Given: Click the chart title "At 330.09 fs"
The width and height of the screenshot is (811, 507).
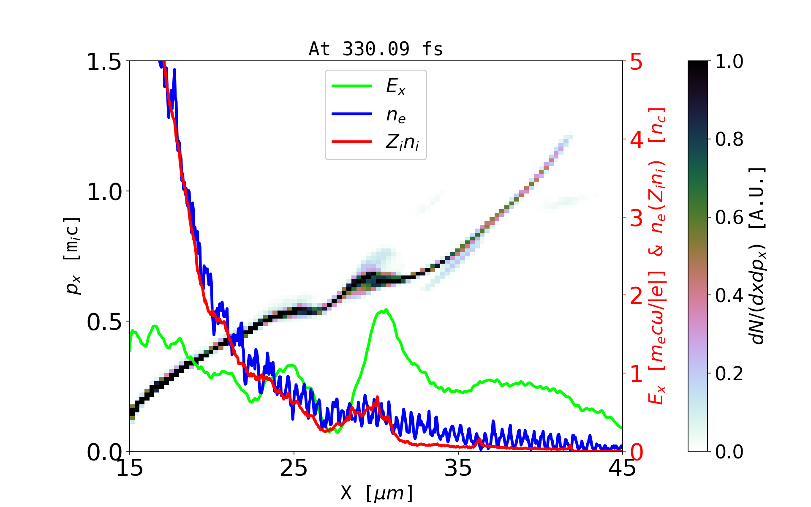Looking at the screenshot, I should [x=376, y=49].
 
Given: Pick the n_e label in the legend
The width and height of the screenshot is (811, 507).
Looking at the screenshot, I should [x=396, y=114].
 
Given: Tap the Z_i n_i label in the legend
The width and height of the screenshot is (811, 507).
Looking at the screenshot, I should [x=402, y=142].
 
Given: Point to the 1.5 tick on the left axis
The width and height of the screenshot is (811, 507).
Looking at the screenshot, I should [x=104, y=62].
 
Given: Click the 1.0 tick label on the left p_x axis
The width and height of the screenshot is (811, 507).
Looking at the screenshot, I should [x=104, y=192].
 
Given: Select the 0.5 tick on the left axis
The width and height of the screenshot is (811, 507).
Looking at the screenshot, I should [x=104, y=322].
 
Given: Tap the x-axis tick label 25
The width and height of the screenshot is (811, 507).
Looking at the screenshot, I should [x=294, y=468].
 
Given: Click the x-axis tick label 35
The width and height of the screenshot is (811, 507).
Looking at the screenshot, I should [x=458, y=468].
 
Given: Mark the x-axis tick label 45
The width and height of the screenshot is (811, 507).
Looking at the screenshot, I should [x=622, y=468].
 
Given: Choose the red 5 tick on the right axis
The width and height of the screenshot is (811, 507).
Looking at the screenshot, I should [x=637, y=62].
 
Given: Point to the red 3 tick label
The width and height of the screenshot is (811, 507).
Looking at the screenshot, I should [x=637, y=218].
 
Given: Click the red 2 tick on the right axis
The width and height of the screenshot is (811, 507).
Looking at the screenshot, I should [x=637, y=296].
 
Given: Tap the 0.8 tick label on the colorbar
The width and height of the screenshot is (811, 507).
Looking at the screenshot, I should [x=729, y=139].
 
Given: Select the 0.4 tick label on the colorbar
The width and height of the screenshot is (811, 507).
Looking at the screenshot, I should [x=729, y=295].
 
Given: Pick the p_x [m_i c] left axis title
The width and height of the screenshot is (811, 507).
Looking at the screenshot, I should [x=72, y=256].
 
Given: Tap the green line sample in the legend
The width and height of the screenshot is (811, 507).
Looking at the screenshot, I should [x=352, y=86].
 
